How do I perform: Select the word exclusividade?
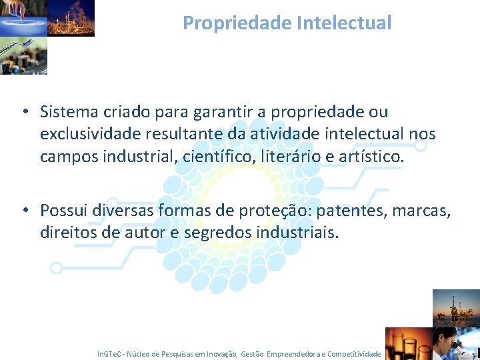click(87, 134)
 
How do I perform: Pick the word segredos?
click(218, 233)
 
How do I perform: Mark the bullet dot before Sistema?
click(23, 112)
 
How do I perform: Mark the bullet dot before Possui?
click(23, 211)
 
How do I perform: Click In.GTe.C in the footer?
click(111, 354)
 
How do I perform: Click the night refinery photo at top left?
click(71, 17)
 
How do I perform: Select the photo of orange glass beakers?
click(409, 343)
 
